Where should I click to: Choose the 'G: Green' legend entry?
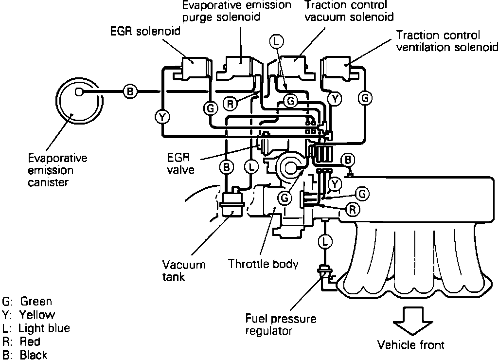pos(27,302)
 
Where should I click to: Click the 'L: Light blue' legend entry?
pos(36,328)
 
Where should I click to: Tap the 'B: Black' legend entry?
pos(25,355)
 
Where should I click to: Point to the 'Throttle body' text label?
pos(263,264)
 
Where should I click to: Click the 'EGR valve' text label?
pos(183,164)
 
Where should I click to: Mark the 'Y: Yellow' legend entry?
pos(29,315)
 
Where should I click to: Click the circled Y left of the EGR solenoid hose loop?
pos(161,116)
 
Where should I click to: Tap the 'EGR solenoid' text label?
pos(145,32)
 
